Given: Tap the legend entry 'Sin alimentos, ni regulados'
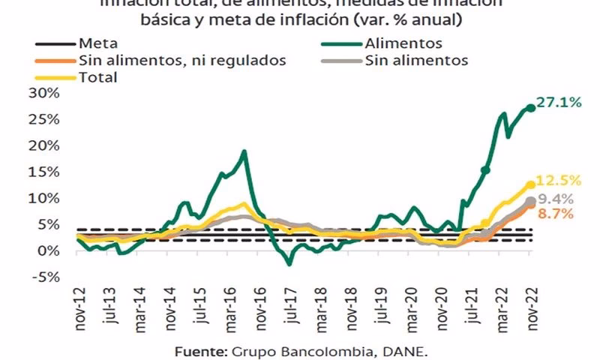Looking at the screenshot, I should [181, 61].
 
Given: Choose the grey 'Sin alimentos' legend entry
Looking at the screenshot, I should [416, 61].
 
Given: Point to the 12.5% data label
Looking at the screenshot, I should [559, 181].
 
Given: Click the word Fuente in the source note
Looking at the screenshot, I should [202, 350].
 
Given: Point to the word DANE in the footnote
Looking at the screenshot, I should [409, 350].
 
